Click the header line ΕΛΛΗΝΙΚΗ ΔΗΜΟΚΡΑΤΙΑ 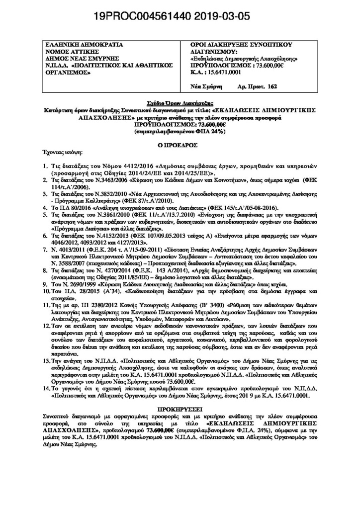click(x=77, y=45)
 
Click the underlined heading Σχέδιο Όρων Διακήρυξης click(x=180, y=100)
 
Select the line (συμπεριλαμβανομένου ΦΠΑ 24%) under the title click(x=180, y=132)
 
